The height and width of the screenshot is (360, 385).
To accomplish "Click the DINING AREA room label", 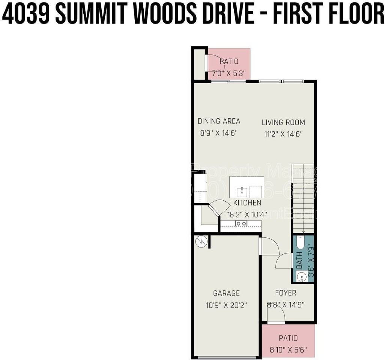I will click(219, 121).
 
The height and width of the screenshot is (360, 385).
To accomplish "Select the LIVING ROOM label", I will click(283, 122).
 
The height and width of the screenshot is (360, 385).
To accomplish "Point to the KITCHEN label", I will click(247, 203).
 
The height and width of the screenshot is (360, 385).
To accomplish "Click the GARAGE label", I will click(226, 293).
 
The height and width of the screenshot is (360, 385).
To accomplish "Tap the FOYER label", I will click(286, 293).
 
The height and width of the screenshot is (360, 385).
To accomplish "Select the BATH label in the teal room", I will click(299, 260).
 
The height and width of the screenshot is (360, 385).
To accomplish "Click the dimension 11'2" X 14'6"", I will click(283, 133).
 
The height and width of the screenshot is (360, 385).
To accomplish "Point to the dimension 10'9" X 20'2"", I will click(226, 305).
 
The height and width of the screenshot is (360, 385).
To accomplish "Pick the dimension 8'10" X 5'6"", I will click(288, 350).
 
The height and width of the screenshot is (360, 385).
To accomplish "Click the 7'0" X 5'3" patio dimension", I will click(229, 73).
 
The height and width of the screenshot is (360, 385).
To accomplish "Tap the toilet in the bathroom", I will click(300, 243).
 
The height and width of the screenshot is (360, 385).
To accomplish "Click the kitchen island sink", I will click(242, 192).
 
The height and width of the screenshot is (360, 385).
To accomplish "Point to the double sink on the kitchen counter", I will click(241, 224).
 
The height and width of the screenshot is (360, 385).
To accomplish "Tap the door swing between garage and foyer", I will click(269, 247).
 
